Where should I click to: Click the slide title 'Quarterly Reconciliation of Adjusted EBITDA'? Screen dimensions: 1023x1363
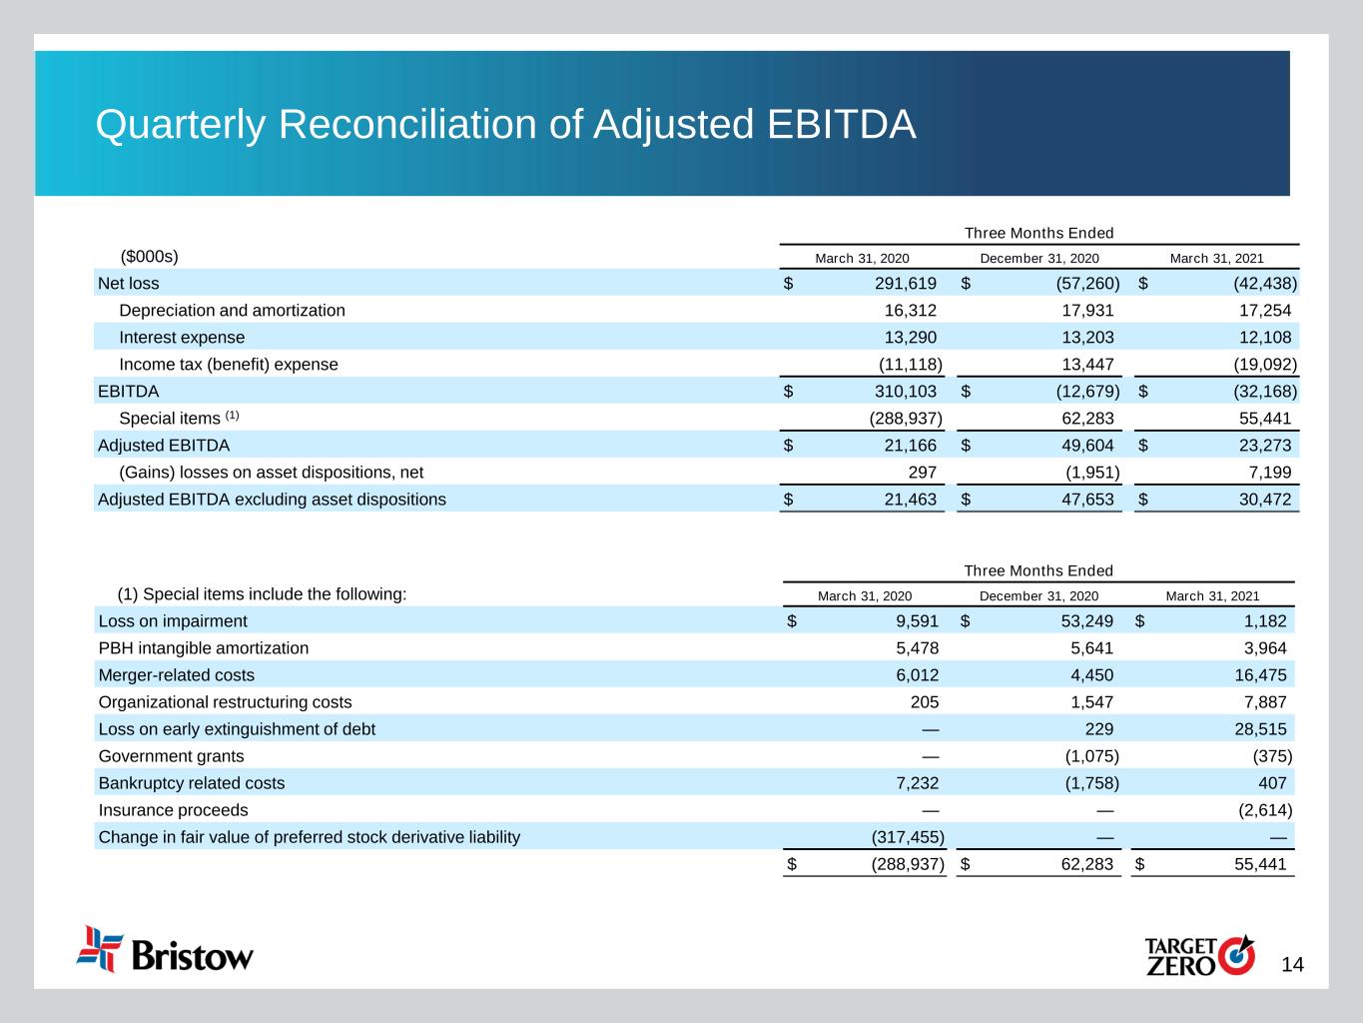505,125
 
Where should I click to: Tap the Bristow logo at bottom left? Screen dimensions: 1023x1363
166,950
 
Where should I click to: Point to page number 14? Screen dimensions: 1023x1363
1292,964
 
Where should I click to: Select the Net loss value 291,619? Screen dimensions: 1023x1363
903,283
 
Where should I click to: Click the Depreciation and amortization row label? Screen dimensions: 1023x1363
232,310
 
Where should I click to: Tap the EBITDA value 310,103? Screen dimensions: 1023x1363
903,391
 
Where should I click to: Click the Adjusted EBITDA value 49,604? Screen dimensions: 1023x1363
1080,445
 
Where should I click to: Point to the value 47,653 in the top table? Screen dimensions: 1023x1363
1080,499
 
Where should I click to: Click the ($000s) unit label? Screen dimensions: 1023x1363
149,256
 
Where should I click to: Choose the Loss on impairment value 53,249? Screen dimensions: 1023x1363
1080,620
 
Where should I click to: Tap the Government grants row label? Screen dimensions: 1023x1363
171,755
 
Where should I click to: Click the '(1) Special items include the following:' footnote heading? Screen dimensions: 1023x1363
262,593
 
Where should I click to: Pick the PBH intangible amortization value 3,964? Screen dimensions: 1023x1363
1261,647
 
